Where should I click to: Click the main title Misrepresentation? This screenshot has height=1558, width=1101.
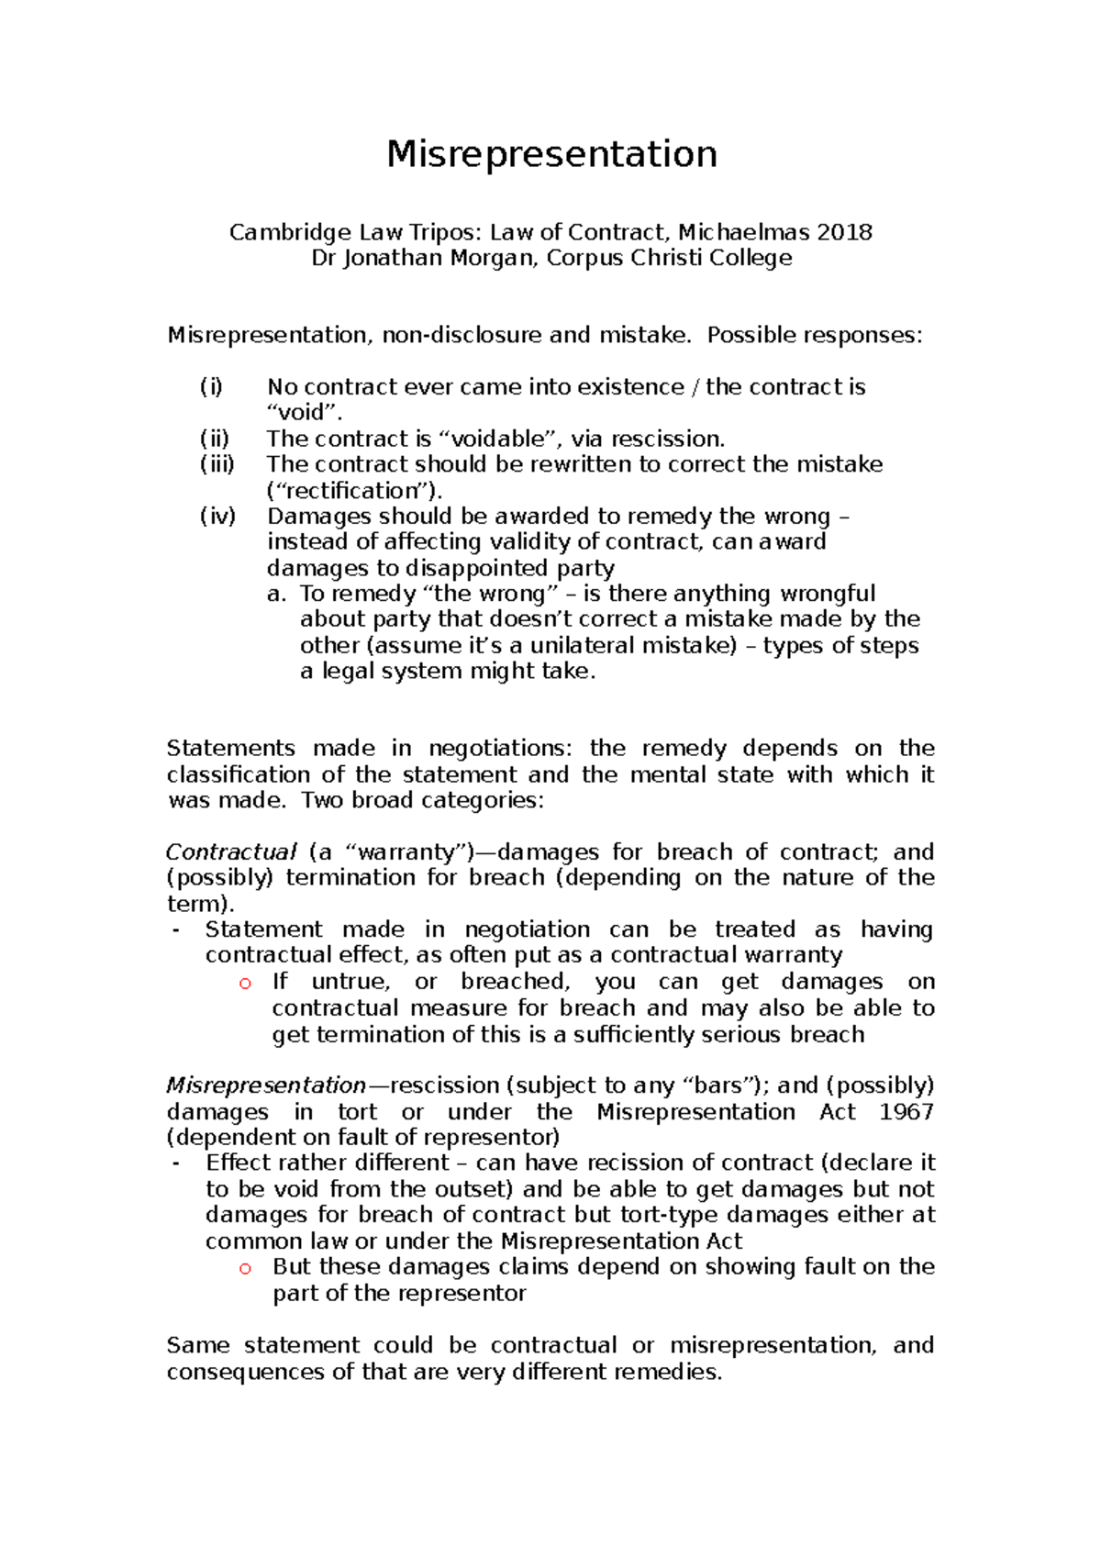pyautogui.click(x=551, y=154)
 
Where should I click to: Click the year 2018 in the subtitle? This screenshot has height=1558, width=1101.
pyautogui.click(x=843, y=232)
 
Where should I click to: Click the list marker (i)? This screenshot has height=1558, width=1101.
pyautogui.click(x=211, y=386)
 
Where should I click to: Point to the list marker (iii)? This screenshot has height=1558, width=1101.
pyautogui.click(x=217, y=464)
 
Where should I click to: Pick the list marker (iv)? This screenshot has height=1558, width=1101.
pyautogui.click(x=217, y=516)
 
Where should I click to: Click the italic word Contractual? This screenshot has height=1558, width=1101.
pyautogui.click(x=231, y=852)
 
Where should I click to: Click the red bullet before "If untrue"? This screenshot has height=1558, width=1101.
pyautogui.click(x=245, y=983)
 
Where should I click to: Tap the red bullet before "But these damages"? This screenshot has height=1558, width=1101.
pyautogui.click(x=245, y=1268)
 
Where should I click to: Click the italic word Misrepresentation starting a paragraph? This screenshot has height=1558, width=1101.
pyautogui.click(x=266, y=1085)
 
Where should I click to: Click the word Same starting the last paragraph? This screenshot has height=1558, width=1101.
pyautogui.click(x=197, y=1346)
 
